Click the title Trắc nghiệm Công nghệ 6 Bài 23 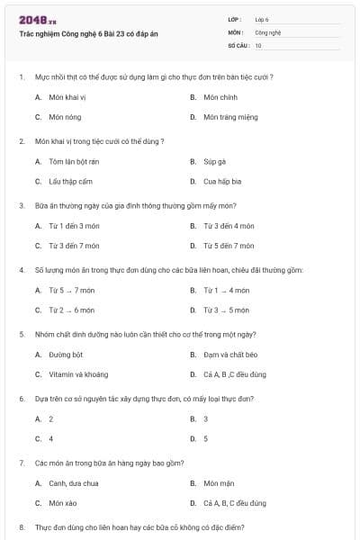(x=88, y=33)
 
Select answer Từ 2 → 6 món (x=71, y=310)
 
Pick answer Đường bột (x=66, y=355)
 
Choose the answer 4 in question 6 (x=50, y=438)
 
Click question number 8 (x=22, y=526)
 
